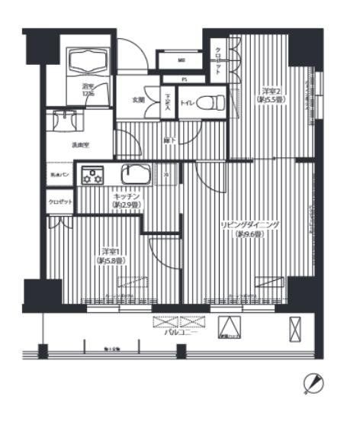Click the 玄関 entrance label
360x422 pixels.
[138, 100]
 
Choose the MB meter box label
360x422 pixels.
[182, 60]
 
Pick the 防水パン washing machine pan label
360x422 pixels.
[59, 175]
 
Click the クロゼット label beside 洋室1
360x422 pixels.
[59, 201]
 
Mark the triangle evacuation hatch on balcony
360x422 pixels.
[227, 328]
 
